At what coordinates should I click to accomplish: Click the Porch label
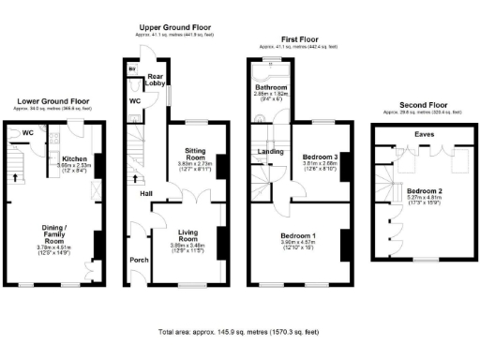point(139,261)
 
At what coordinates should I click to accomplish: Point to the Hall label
point(147,193)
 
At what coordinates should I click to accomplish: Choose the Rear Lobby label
point(156,80)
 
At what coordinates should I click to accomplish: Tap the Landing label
point(271,150)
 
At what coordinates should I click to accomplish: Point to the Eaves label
point(424,135)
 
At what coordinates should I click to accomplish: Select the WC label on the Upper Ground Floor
point(135,100)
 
